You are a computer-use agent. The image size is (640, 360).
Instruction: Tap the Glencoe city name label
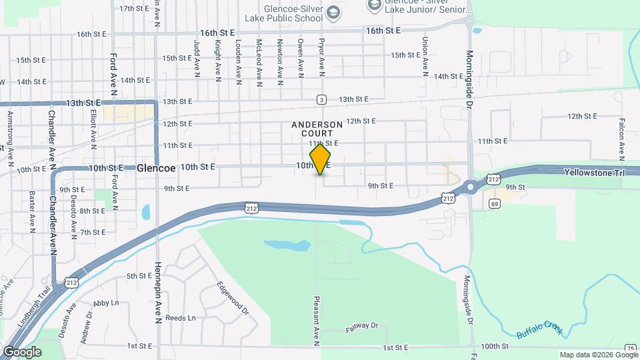pyautogui.click(x=155, y=169)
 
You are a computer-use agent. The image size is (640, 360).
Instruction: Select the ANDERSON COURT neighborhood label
pyautogui.click(x=317, y=129)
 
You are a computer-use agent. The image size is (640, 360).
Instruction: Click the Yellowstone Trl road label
pyautogui.click(x=593, y=172)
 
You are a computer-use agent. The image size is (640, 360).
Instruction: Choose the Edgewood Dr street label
pyautogui.click(x=232, y=297)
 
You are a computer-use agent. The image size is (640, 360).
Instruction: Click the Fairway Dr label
pyautogui.click(x=362, y=327)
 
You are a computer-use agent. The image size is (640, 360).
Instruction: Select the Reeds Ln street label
pyautogui.click(x=181, y=318)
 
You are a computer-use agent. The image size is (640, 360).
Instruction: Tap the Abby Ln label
pyautogui.click(x=106, y=303)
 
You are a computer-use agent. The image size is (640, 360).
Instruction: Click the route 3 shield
pyautogui.click(x=321, y=100)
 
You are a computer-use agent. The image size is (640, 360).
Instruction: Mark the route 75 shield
pyautogui.click(x=630, y=348)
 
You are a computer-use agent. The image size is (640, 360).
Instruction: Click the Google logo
pyautogui.click(x=21, y=352)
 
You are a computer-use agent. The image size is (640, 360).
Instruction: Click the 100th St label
pyautogui.click(x=494, y=347)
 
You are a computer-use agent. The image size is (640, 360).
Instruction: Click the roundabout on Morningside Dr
pyautogui.click(x=471, y=187)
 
